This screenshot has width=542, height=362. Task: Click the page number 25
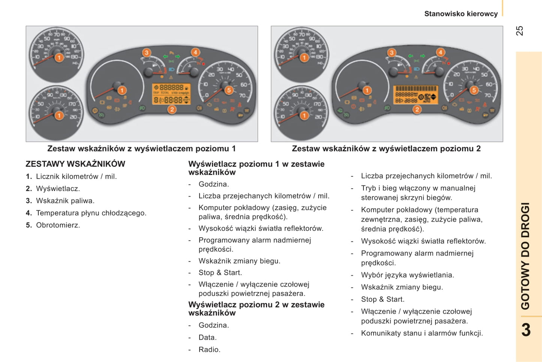click(519, 31)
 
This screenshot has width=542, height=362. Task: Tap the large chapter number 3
click(526, 330)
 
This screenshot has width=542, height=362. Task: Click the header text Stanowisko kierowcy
click(461, 14)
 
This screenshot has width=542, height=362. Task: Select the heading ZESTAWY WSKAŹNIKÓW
click(75, 164)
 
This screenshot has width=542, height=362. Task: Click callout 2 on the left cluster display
click(172, 110)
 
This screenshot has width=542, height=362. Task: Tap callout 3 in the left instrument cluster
click(147, 53)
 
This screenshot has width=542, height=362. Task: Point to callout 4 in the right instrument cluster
click(440, 53)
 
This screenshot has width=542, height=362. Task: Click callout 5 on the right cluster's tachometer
click(474, 90)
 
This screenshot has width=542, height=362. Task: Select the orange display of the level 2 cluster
click(416, 95)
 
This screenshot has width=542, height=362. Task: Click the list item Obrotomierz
click(58, 225)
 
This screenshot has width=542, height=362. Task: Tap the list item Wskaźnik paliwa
click(65, 201)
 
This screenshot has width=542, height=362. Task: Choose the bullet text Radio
click(209, 350)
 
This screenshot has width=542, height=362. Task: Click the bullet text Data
click(207, 338)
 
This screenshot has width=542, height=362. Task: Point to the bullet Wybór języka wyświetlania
click(407, 275)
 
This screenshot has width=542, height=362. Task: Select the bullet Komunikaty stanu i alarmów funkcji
click(422, 333)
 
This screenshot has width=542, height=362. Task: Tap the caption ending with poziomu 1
click(141, 149)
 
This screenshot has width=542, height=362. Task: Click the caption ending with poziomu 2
click(386, 149)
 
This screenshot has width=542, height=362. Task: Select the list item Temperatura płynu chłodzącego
click(91, 213)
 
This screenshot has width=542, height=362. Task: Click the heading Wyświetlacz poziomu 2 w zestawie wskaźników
click(256, 309)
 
